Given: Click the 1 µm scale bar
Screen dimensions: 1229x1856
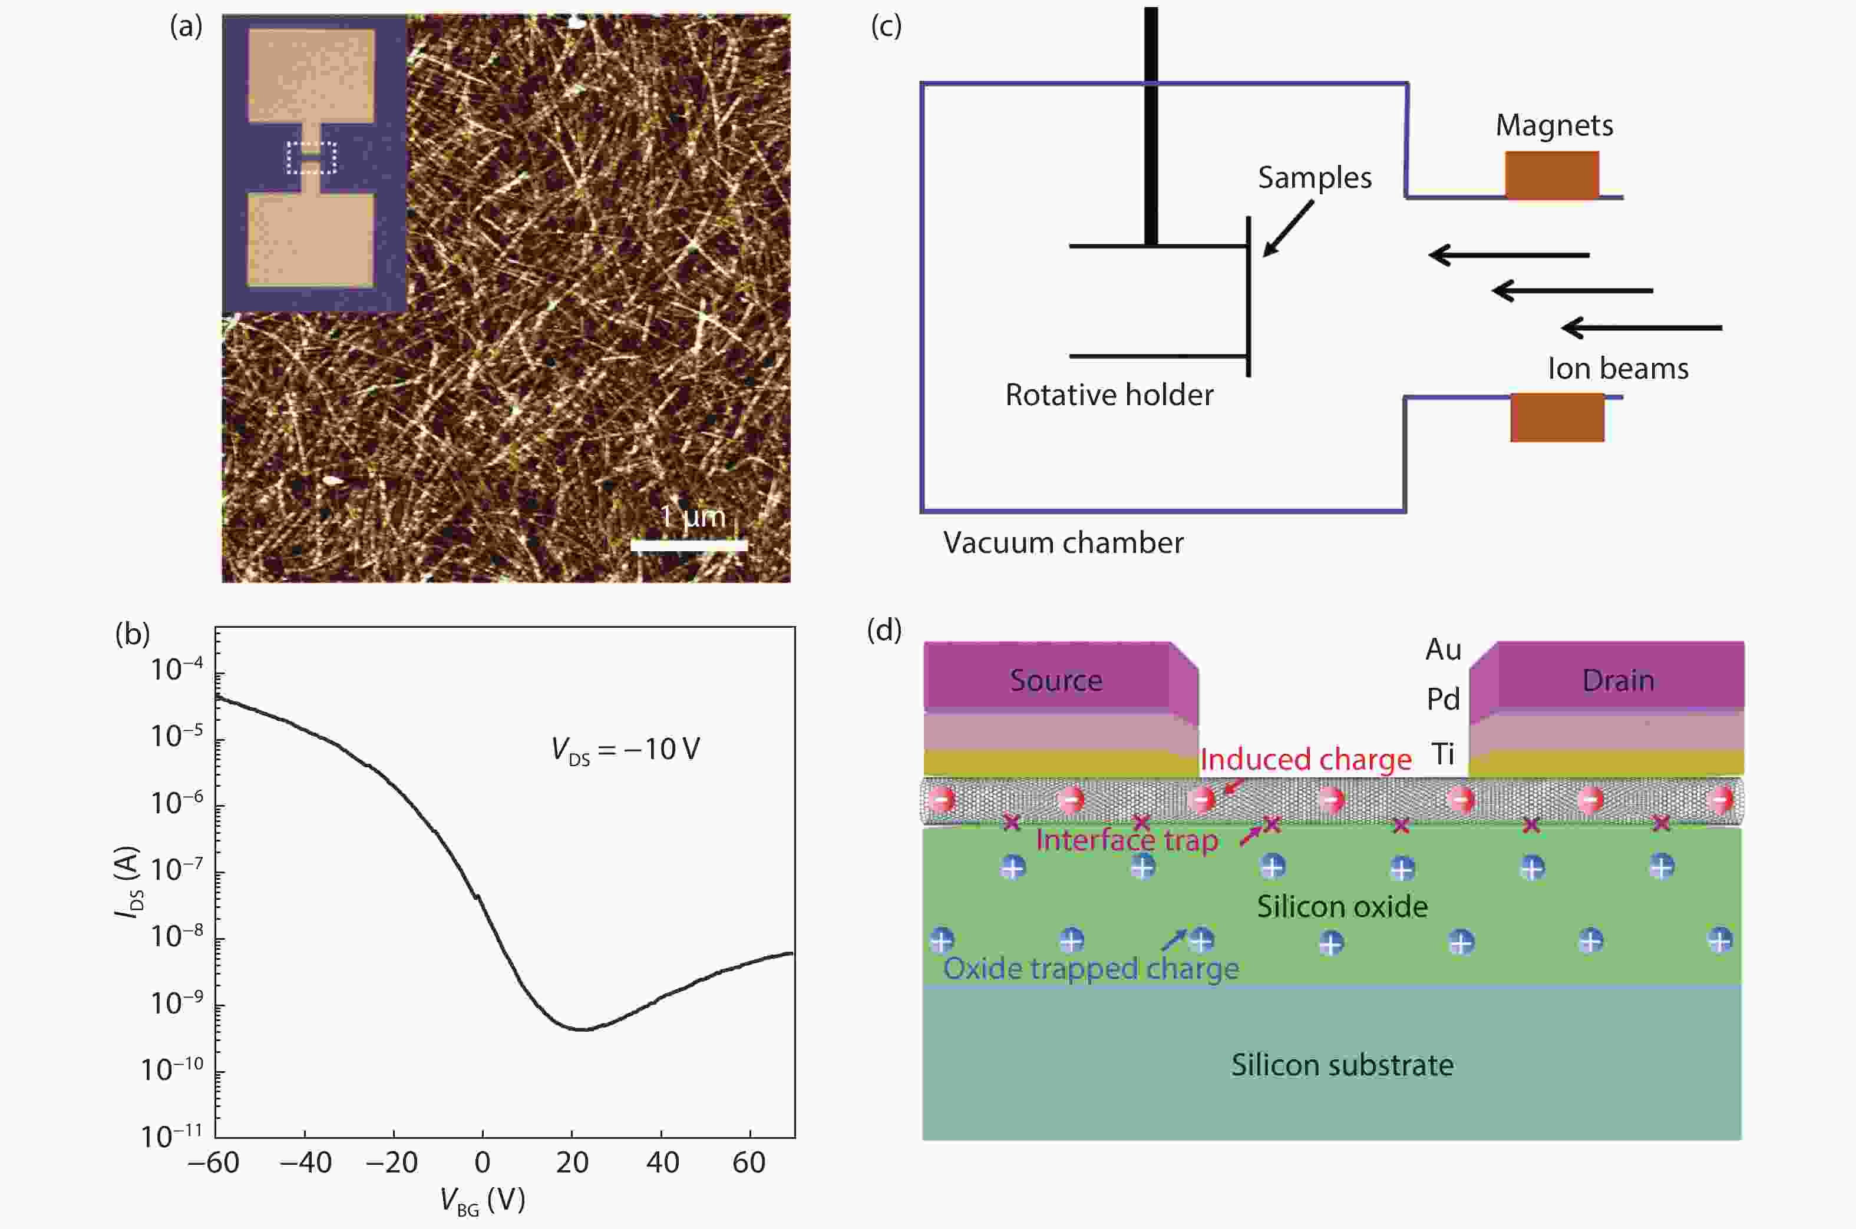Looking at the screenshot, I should click(x=688, y=545).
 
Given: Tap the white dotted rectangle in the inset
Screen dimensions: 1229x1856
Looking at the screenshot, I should click(x=311, y=158).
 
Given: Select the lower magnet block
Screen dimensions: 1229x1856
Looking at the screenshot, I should click(x=1557, y=417).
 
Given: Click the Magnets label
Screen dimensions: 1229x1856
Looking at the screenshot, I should click(x=1554, y=125).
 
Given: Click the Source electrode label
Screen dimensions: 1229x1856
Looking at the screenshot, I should click(x=1055, y=680).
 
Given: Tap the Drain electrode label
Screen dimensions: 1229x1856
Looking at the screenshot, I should click(x=1617, y=680).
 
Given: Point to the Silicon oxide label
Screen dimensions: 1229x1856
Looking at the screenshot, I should click(x=1342, y=907).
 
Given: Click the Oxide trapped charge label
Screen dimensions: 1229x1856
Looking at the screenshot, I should click(x=1091, y=969).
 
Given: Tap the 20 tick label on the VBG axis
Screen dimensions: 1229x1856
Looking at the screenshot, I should click(x=572, y=1162).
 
